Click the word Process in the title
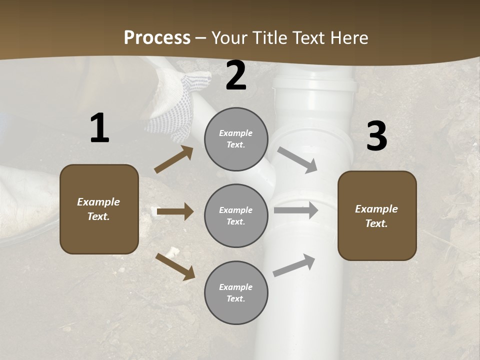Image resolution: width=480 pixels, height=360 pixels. click(x=157, y=38)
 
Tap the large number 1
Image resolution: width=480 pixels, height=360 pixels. click(x=99, y=128)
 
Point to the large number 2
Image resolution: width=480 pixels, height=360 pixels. click(x=236, y=76)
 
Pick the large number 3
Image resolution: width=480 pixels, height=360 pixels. click(x=376, y=136)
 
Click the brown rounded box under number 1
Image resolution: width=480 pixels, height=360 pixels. click(x=99, y=209)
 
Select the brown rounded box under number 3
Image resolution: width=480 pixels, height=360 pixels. click(x=377, y=216)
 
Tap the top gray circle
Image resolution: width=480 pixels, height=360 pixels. click(x=236, y=139)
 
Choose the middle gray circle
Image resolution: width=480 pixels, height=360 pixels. click(x=236, y=216)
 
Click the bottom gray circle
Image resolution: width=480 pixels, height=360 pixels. click(x=236, y=293)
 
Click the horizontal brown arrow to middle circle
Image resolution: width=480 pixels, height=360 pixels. click(x=175, y=211)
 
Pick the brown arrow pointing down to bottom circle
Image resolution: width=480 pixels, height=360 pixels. click(x=175, y=266)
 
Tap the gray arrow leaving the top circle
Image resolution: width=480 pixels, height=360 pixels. click(x=297, y=159)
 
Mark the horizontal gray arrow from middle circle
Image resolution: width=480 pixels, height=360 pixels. click(x=295, y=210)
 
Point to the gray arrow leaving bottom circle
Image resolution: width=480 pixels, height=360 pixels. click(x=294, y=265)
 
